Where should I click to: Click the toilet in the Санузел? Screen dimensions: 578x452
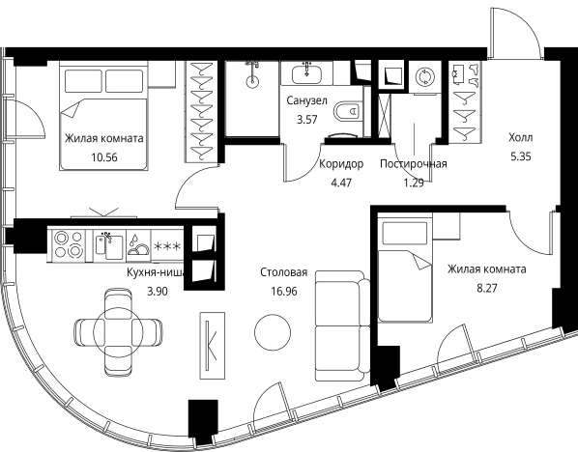[347, 111]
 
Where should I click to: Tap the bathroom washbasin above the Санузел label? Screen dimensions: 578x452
[306, 74]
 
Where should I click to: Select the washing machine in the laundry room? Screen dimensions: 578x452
[424, 77]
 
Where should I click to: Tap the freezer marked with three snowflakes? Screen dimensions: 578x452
[167, 245]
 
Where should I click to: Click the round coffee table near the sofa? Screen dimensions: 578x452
[273, 332]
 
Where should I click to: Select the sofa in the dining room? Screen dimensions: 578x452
[343, 326]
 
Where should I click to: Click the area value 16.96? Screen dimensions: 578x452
[284, 292]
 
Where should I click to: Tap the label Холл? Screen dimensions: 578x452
[521, 138]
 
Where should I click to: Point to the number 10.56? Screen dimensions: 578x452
[104, 157]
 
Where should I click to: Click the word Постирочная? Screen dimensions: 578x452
[414, 163]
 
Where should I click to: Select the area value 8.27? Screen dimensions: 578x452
[486, 288]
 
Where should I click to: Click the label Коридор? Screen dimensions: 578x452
[341, 163]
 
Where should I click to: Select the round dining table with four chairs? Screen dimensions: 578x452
[118, 332]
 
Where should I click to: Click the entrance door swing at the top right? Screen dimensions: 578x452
[516, 32]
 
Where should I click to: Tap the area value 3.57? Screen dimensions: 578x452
[307, 120]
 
